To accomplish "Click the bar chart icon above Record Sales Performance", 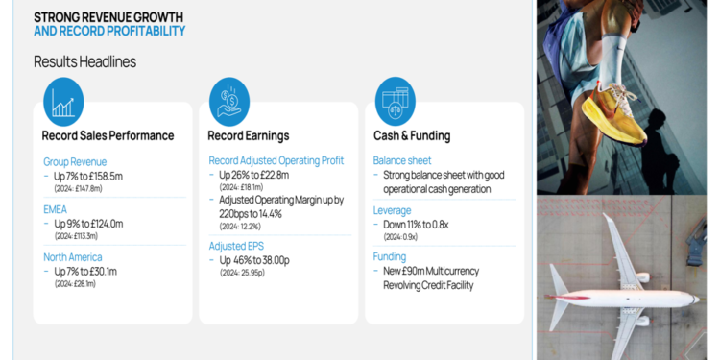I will [63, 102].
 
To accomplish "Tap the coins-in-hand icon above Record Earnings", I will [229, 102].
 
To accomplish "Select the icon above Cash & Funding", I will [395, 102].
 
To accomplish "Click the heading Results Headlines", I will [84, 61].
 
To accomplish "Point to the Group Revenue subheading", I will [75, 161].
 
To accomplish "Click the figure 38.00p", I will [280, 260].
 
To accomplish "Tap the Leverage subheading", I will [392, 209].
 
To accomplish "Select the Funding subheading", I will [390, 256].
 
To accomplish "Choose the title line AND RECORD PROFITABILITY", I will [109, 31].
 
